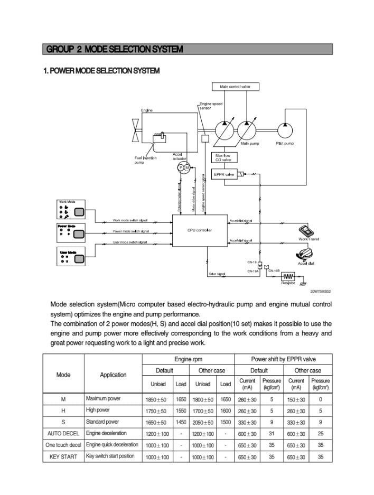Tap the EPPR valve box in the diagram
tap(225, 174)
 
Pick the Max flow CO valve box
tap(223, 157)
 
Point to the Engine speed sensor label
tap(211, 106)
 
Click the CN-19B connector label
tap(274, 270)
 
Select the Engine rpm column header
tap(188, 359)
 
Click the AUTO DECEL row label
tap(63, 433)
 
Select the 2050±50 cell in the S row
tap(203, 423)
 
